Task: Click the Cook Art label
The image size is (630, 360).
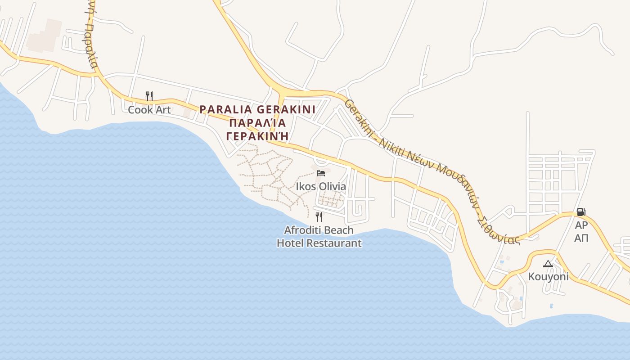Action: [149, 109]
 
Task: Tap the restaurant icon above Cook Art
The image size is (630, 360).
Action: [149, 96]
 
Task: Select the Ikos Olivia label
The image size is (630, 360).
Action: [321, 186]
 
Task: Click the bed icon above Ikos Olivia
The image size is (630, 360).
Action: [321, 173]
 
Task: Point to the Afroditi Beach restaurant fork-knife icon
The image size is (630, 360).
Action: [319, 217]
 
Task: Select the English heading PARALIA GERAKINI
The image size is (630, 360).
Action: [257, 109]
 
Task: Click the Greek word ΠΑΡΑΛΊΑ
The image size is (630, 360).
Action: [257, 123]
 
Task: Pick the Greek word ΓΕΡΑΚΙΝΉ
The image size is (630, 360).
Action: [257, 136]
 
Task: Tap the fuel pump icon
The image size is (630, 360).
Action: [581, 211]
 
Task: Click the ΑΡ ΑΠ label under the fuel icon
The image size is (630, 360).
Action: [581, 231]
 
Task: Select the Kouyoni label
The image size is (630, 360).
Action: [548, 277]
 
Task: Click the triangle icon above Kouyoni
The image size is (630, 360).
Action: [548, 264]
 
